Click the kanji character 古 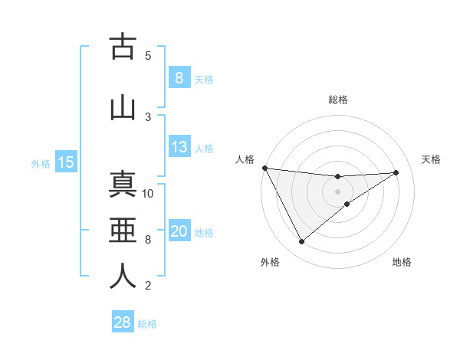coord(123,47)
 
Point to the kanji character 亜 coord(123,231)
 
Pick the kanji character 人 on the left coord(123,277)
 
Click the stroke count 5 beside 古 coord(148,55)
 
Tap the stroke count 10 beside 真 coord(148,193)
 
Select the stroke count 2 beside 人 coord(148,286)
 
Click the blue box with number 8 coord(179,77)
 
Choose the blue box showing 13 coord(179,147)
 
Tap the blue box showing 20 coord(179,232)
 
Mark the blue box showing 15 coord(66,162)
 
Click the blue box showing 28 coord(122,322)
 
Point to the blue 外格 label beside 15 coord(41,163)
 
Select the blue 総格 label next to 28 coord(147,324)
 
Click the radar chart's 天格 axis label coord(432,159)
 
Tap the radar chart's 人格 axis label coord(245,159)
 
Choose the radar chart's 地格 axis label coord(402,262)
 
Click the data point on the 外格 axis coord(301,242)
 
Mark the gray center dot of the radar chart coord(337,191)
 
